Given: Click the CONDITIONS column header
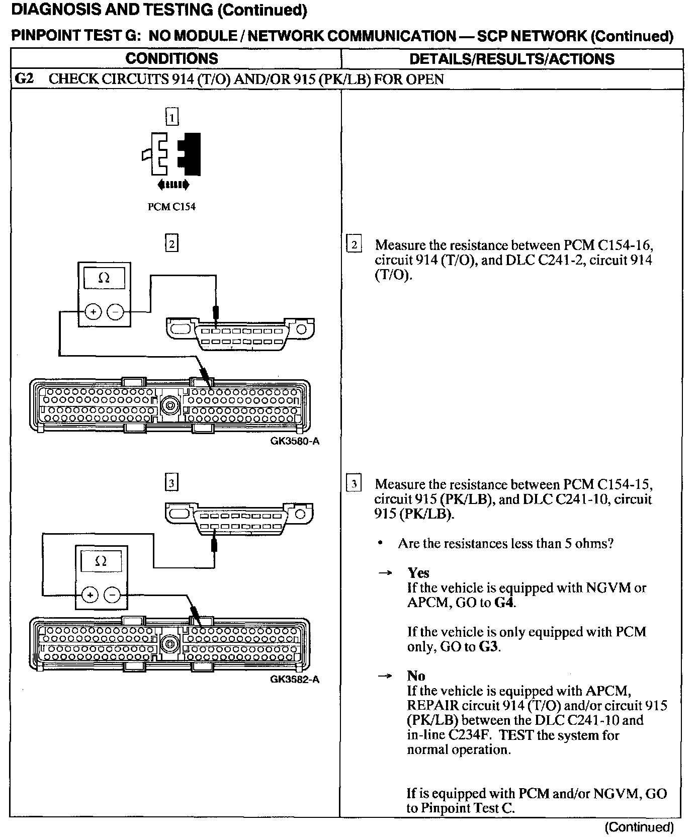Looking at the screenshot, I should coord(171,59).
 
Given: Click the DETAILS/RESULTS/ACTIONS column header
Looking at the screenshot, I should coord(511,59).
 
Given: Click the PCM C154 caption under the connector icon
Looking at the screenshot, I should coord(171,207).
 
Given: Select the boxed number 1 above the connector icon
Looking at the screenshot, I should coord(172,118).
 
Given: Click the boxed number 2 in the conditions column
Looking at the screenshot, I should coord(172,244).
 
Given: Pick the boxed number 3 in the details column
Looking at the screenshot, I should coord(354,484).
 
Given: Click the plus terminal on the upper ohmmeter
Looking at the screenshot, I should coord(93,312).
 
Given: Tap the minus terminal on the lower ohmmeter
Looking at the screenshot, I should coord(112,596).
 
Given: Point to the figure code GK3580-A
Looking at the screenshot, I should coord(295,442).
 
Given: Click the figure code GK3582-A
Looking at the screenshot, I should coord(295,680).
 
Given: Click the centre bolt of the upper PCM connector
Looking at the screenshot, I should coord(170,405).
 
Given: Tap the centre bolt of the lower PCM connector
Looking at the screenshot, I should coord(170,643).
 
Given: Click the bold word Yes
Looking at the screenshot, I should coord(418,573).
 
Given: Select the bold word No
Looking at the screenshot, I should coord(416,676).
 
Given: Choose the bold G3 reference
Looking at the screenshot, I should coord(488,646).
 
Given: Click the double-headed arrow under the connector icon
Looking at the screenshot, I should coord(173,185).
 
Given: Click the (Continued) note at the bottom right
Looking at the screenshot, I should coord(639,827).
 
